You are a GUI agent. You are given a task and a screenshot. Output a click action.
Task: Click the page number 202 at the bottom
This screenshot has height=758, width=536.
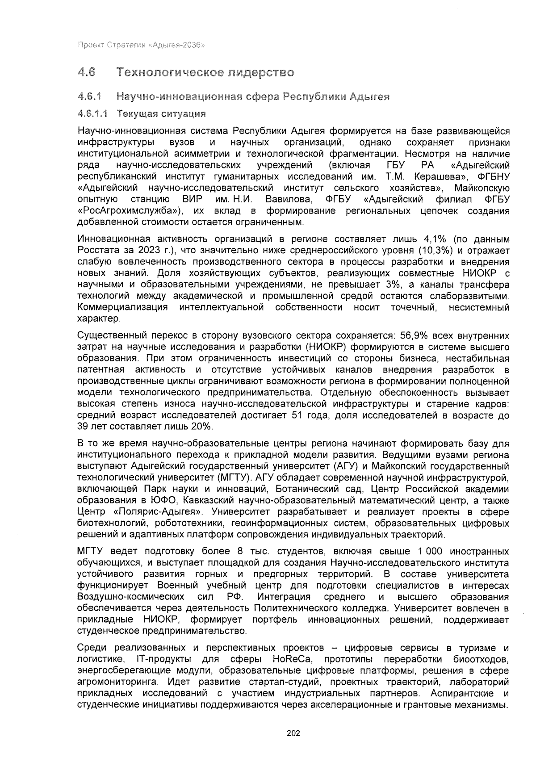pos(293,733)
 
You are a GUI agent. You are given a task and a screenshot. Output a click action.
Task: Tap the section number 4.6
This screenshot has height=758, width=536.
pos(87,72)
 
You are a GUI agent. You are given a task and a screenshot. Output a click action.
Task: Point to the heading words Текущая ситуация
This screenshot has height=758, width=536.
pos(161,113)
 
